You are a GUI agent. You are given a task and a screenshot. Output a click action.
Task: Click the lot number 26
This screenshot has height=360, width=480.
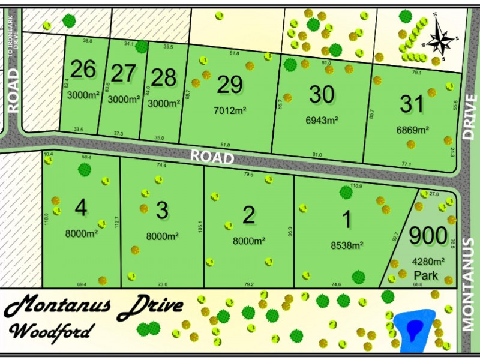(83, 70)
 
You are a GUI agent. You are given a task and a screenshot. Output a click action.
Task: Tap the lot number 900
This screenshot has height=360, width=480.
(428, 236)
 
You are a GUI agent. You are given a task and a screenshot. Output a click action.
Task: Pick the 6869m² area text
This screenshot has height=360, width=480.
(412, 129)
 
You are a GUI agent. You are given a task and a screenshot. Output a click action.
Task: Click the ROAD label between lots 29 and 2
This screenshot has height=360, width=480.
(212, 157)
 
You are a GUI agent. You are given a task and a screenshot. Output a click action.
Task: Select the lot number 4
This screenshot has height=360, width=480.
(80, 208)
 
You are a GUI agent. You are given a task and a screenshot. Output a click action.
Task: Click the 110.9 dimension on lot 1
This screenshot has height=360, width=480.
(355, 186)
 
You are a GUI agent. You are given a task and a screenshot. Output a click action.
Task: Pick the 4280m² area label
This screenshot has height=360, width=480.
(428, 262)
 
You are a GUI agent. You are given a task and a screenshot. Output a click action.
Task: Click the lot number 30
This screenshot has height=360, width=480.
(322, 95)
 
